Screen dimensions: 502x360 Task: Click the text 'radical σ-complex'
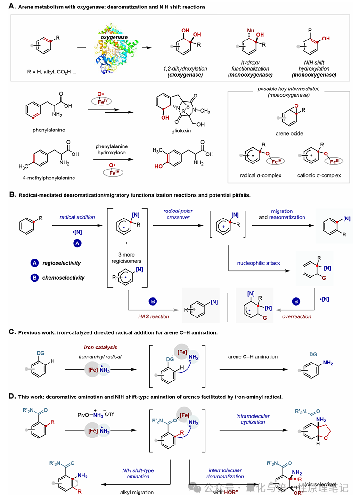(x=262, y=175)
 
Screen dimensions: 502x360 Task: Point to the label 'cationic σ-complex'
(x=325, y=175)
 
